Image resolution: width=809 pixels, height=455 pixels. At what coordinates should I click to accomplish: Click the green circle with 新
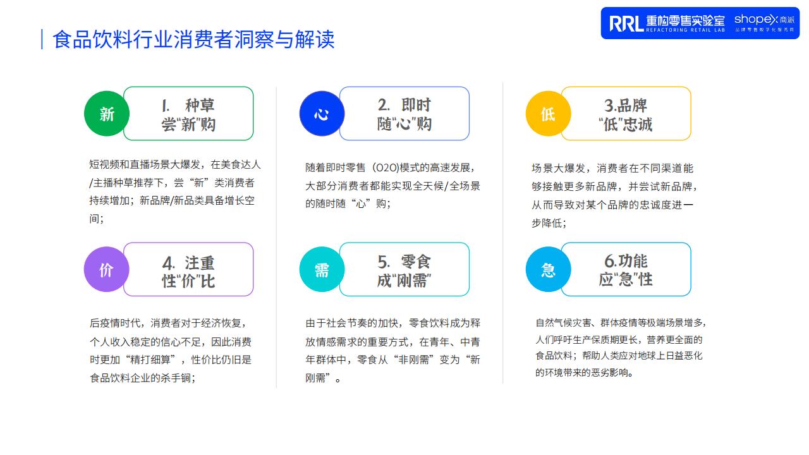click(107, 114)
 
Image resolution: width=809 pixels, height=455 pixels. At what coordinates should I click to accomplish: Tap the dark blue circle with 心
click(322, 114)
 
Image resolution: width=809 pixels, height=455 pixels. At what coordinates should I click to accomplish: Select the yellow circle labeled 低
click(548, 114)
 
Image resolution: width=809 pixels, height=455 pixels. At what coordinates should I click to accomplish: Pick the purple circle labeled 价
click(107, 269)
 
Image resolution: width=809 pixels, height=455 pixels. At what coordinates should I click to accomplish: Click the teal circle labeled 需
click(322, 269)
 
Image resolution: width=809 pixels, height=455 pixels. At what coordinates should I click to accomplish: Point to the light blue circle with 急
click(548, 269)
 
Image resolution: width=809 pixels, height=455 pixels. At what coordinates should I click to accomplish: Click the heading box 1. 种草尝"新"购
click(188, 113)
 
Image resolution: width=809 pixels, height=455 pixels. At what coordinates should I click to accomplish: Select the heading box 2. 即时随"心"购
click(404, 113)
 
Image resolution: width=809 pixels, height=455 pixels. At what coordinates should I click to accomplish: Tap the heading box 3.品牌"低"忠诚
click(626, 113)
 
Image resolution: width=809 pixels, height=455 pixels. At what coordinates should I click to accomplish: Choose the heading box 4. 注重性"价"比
click(188, 269)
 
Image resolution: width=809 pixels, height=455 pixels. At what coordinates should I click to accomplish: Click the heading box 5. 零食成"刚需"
click(404, 269)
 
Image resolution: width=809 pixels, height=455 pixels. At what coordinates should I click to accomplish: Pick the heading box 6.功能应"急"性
click(626, 269)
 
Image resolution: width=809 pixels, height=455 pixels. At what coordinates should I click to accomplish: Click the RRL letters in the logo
click(626, 23)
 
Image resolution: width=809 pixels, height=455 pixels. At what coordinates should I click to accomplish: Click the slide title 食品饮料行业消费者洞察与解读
click(193, 39)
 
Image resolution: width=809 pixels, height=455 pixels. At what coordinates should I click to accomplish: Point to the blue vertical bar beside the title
click(42, 39)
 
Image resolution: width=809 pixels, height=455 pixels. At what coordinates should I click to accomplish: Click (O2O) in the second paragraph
click(386, 168)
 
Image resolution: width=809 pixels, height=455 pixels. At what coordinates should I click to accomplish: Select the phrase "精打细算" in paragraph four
click(155, 360)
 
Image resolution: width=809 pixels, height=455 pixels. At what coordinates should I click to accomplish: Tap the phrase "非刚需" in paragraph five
click(413, 360)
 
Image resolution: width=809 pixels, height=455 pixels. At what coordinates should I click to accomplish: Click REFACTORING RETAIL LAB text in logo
click(685, 30)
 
